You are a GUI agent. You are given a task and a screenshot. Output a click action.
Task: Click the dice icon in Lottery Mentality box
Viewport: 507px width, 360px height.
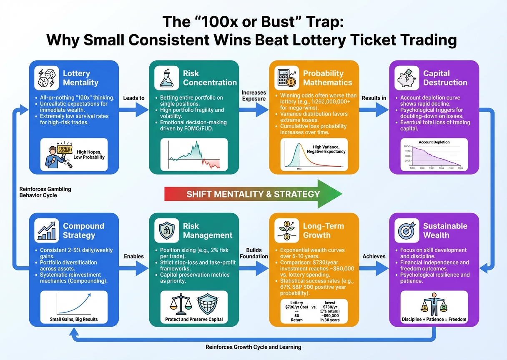pyautogui.click(x=47, y=77)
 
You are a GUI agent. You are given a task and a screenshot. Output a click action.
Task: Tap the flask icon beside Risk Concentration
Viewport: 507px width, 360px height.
pyautogui.click(x=167, y=77)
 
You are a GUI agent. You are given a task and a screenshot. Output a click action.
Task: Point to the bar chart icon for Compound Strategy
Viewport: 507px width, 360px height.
pyautogui.click(x=47, y=230)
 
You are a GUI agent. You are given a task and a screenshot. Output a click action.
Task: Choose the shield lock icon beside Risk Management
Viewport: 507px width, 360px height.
pyautogui.click(x=167, y=230)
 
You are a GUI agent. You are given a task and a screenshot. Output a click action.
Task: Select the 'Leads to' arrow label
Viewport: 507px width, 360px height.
pyautogui.click(x=134, y=98)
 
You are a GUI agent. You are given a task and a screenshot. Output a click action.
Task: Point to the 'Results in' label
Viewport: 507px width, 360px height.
pyautogui.click(x=374, y=98)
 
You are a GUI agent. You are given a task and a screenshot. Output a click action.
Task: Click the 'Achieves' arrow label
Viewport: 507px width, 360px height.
pyautogui.click(x=374, y=256)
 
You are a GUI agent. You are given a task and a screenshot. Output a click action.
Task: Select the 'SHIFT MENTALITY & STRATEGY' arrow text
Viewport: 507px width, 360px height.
pyautogui.click(x=253, y=194)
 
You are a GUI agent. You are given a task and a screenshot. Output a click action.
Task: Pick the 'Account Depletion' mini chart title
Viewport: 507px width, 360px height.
pyautogui.click(x=434, y=142)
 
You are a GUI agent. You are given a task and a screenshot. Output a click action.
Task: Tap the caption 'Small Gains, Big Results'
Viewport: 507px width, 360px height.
pyautogui.click(x=73, y=320)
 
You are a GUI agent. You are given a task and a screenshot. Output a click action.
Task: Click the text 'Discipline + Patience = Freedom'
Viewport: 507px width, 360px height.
pyautogui.click(x=434, y=319)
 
